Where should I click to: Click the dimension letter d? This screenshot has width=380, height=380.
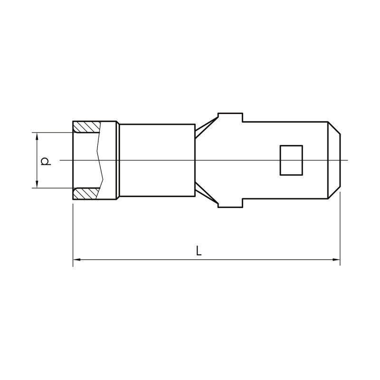click(x=45, y=161)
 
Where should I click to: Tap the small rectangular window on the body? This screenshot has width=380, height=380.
click(x=291, y=160)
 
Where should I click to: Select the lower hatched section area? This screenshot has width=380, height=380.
click(x=86, y=193)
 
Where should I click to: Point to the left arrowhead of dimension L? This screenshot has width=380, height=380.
click(x=76, y=259)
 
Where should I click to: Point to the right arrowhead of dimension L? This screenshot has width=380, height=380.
click(x=336, y=259)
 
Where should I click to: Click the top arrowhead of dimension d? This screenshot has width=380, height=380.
click(x=37, y=136)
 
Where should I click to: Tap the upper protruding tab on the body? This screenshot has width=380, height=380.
click(x=230, y=117)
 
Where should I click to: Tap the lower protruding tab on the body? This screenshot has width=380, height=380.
click(x=230, y=203)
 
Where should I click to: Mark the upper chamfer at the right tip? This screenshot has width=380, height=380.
click(x=334, y=128)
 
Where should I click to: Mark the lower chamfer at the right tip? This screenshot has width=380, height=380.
click(x=334, y=192)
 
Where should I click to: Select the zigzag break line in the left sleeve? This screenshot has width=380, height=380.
click(x=100, y=160)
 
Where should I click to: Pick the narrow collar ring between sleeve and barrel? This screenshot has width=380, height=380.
click(x=118, y=160)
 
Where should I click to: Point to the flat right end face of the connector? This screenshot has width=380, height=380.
click(x=340, y=160)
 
